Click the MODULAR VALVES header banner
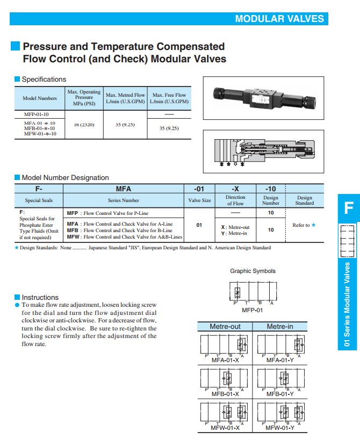click(279, 19)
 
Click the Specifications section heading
click(44, 80)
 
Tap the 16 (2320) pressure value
click(84, 125)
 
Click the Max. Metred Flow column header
click(125, 98)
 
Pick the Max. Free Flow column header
click(169, 98)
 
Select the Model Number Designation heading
click(65, 178)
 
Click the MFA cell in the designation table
click(124, 189)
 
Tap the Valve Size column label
click(199, 200)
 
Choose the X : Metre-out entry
click(235, 227)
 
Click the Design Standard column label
click(304, 200)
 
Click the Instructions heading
click(40, 297)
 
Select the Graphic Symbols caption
click(253, 271)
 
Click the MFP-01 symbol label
click(253, 310)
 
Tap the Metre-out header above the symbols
click(225, 326)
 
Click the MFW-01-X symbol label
click(225, 428)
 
